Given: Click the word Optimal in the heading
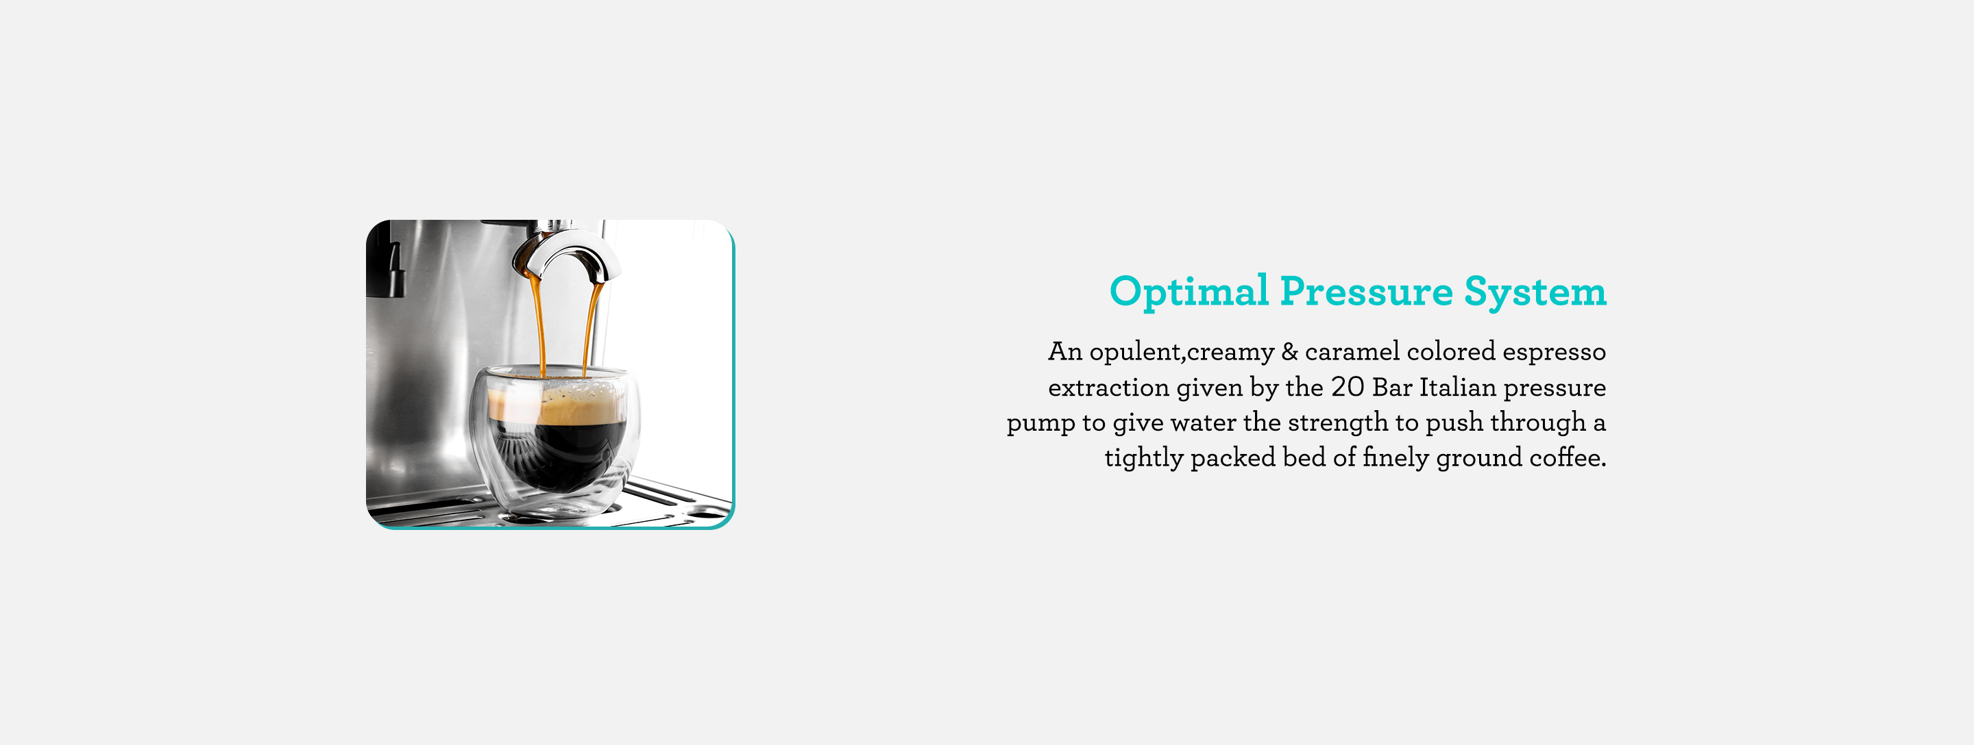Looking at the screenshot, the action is [1189, 292].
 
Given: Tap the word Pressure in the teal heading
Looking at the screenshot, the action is [1366, 292].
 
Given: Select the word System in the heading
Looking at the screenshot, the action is [1535, 292].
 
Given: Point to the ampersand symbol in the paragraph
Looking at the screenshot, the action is [1290, 351].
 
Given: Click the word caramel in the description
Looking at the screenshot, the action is [1352, 351].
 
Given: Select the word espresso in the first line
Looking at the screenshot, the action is [1553, 353].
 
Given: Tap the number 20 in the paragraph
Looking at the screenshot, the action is [1347, 388].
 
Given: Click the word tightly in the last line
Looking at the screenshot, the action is [1143, 458].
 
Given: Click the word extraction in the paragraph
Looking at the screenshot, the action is [1109, 388].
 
